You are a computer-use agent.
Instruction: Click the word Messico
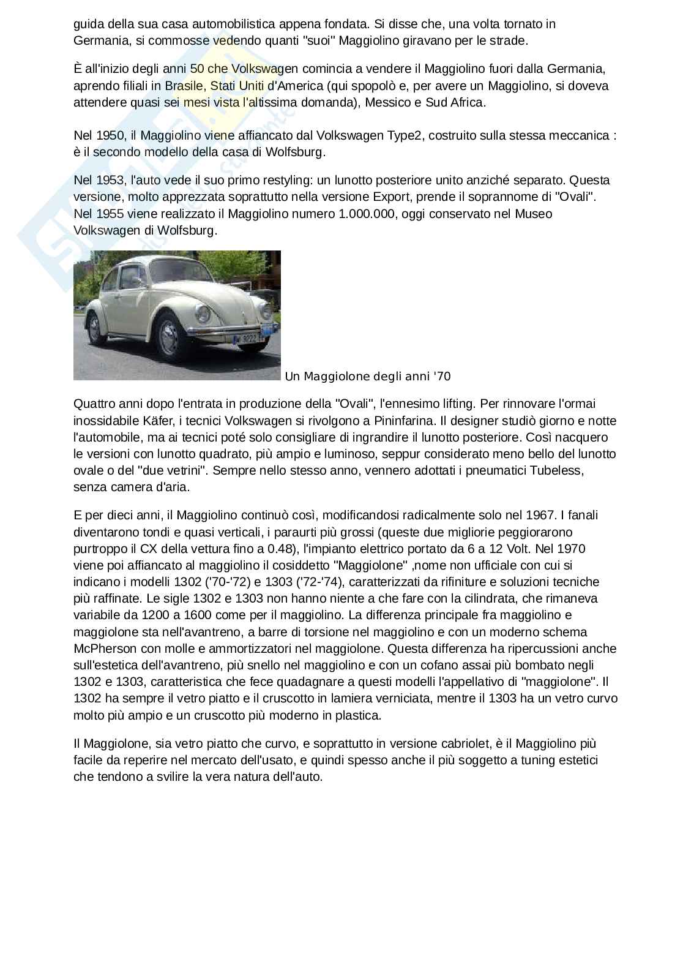tap(386, 102)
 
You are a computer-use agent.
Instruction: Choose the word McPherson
tap(100, 648)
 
